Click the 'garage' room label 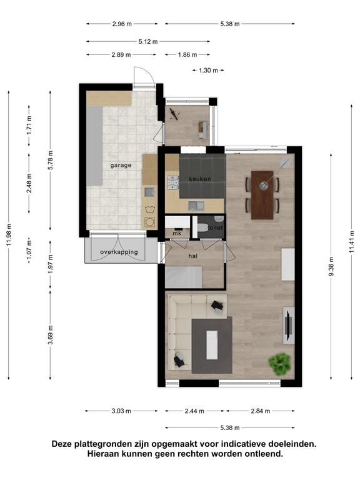point(121,165)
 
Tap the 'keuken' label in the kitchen point(200,179)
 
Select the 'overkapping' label point(119,252)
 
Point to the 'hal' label point(193,256)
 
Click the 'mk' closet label point(177,233)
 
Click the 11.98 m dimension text point(9,235)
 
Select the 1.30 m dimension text point(209,71)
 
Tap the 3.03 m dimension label point(121,411)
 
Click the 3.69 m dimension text point(51,335)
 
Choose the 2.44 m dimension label point(194,411)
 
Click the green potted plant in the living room point(279,364)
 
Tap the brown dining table point(262,195)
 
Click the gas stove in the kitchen point(172,182)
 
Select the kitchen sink point(196,206)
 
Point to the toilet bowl point(202,227)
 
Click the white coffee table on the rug point(212,345)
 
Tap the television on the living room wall point(288,326)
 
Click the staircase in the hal point(184,277)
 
